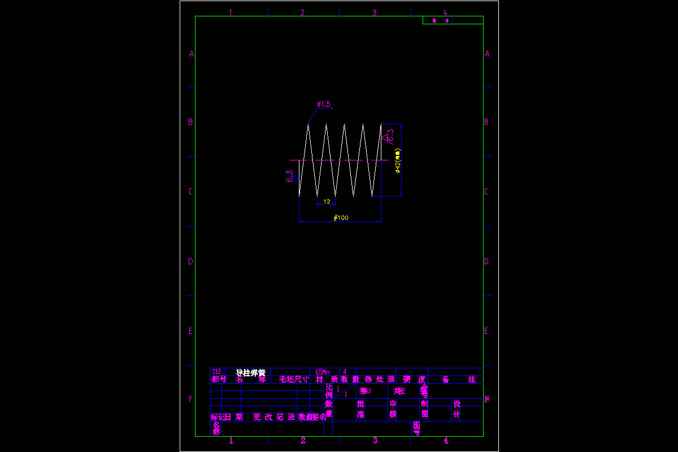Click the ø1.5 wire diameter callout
pos(323,104)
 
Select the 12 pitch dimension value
pos(327,201)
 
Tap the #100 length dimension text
pos(341,218)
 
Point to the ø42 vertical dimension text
pos(398,161)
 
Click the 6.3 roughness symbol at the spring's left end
pos(292,177)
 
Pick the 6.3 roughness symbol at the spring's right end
pos(388,137)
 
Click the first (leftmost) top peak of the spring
pos(308,125)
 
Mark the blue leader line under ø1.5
pos(313,115)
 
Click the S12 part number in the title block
pos(216,372)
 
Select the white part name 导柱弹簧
pos(250,372)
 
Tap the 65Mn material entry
pos(323,372)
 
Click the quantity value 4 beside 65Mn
pos(345,372)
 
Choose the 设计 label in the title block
pos(457,409)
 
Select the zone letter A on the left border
pos(192,54)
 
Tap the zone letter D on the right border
pos(486,262)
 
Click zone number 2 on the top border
pos(302,12)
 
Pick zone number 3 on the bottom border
pos(375,441)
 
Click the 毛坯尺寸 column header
pos(294,379)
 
